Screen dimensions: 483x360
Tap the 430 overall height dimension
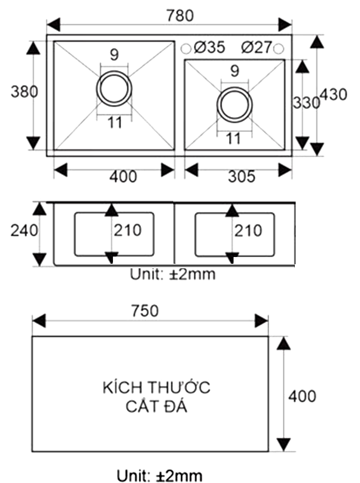pos(334,95)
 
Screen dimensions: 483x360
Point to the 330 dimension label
pos(306,103)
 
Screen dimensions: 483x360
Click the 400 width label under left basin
pos(123,177)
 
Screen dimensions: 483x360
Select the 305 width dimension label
pos(241,176)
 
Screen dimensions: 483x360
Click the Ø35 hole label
pos(209,47)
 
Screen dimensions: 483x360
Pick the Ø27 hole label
pos(256,47)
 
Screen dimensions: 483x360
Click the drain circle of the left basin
pos(114,88)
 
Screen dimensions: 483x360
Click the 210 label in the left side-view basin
pos(127,230)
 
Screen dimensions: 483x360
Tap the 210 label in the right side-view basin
pos(248,231)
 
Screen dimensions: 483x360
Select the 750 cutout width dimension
pos(145,311)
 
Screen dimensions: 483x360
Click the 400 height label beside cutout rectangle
pos(302,396)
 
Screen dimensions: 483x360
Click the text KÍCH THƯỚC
pos(157,388)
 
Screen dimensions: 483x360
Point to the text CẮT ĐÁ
pos(157,407)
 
